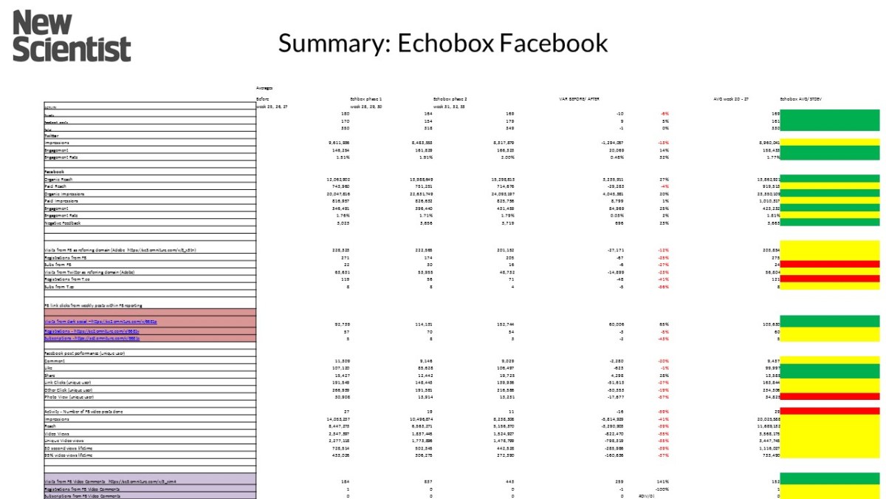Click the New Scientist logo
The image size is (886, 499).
point(72,36)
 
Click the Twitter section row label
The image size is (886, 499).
point(52,135)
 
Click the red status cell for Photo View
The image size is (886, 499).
point(830,397)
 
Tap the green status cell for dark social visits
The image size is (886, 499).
point(830,322)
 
